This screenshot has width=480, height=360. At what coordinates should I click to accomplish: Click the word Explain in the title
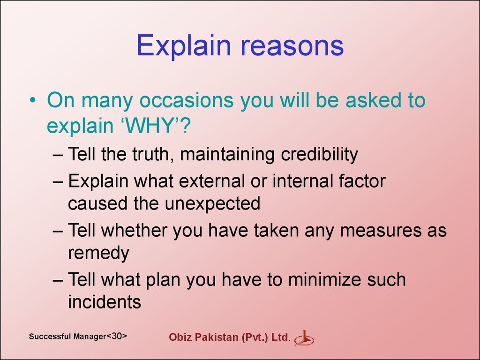[x=183, y=46]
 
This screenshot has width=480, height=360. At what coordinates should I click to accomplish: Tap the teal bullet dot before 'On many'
[x=32, y=100]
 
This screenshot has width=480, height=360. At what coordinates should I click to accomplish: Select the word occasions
[x=187, y=100]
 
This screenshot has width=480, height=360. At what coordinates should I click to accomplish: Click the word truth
[x=150, y=154]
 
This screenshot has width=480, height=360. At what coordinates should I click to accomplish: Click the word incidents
[x=105, y=302]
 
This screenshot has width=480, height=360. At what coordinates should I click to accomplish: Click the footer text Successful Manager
[x=67, y=337]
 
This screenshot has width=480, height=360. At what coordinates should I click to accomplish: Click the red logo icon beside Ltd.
[x=304, y=338]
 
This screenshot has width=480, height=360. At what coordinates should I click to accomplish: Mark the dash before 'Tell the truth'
[x=58, y=155]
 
